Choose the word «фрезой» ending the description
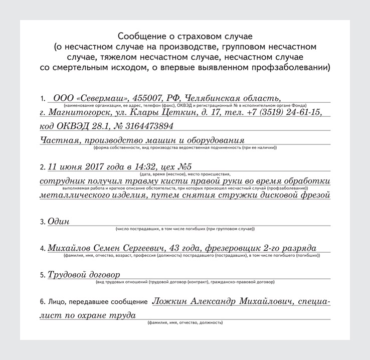[312, 195]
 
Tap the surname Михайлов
[68, 248]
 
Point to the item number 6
[41, 303]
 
